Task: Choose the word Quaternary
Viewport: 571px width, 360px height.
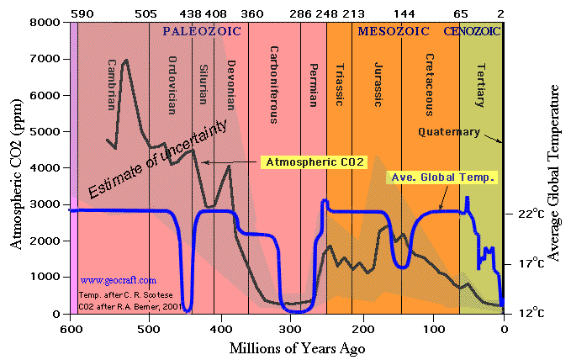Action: pyautogui.click(x=449, y=132)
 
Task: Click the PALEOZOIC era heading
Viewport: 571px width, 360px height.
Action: pyautogui.click(x=202, y=31)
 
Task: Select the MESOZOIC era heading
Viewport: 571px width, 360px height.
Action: pyautogui.click(x=391, y=31)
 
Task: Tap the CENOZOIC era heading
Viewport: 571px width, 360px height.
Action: pyautogui.click(x=472, y=31)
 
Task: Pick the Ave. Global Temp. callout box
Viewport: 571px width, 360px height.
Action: pyautogui.click(x=442, y=177)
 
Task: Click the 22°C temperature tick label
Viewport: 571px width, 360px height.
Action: pyautogui.click(x=532, y=214)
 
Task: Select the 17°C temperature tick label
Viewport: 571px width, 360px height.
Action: pyautogui.click(x=532, y=263)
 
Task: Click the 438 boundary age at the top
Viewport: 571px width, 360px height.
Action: pyautogui.click(x=191, y=13)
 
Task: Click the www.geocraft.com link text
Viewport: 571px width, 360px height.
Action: pyautogui.click(x=119, y=280)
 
